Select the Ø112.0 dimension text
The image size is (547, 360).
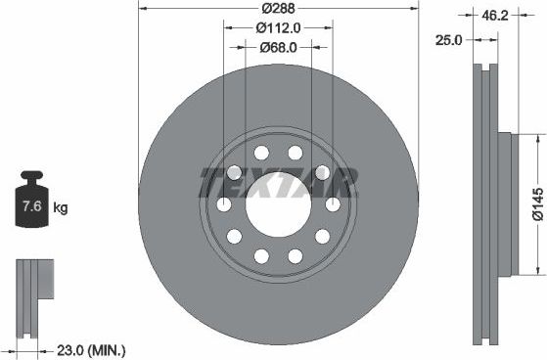coord(278,28)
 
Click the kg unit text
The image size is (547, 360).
coord(60,208)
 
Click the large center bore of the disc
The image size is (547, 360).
coord(278,204)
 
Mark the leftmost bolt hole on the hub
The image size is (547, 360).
coord(224,204)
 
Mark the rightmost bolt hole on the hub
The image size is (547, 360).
coord(333,204)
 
